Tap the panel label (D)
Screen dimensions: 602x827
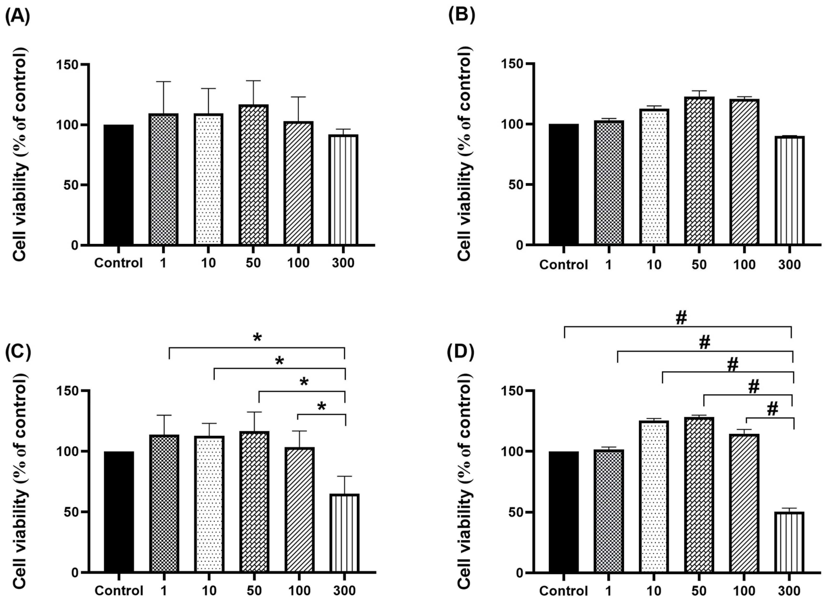[x=461, y=352]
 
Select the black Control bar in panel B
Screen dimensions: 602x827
[x=563, y=184]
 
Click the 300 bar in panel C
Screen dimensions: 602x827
[x=345, y=533]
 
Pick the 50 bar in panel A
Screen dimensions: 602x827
[x=254, y=175]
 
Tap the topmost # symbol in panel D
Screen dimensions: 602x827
[x=681, y=318]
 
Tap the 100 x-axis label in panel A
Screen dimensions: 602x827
[x=298, y=263]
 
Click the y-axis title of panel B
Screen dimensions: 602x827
[x=464, y=153]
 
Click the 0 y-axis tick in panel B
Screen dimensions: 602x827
[x=520, y=245]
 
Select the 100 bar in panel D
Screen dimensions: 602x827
[x=744, y=503]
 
